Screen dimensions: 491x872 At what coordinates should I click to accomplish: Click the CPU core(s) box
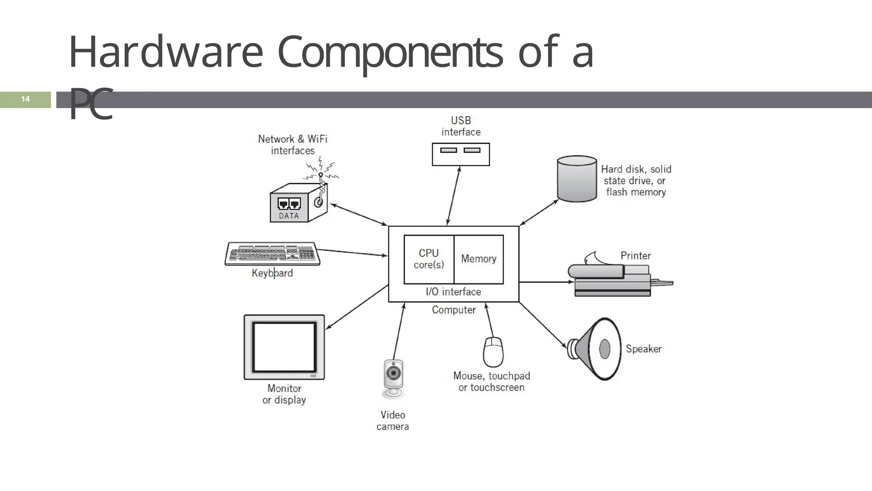[x=429, y=259]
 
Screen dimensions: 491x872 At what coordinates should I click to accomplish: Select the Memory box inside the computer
[x=479, y=259]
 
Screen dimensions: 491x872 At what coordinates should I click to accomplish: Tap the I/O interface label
[x=453, y=292]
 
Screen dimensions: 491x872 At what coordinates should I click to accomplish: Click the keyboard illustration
[x=272, y=254]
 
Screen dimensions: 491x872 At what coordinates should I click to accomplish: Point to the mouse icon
[x=493, y=352]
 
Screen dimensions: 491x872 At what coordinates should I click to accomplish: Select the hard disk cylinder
[x=577, y=179]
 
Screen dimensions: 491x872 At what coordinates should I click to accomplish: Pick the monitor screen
[x=284, y=347]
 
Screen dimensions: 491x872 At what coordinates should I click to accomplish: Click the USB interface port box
[x=461, y=154]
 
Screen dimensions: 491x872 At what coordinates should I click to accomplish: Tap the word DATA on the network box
[x=289, y=216]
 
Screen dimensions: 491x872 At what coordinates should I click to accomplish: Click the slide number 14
[x=25, y=99]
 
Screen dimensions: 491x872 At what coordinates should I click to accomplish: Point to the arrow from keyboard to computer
[x=353, y=252]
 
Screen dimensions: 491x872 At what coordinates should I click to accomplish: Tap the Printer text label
[x=635, y=256]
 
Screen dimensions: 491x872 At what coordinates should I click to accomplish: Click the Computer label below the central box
[x=453, y=310]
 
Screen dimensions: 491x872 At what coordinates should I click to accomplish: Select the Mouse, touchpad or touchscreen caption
[x=491, y=381]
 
